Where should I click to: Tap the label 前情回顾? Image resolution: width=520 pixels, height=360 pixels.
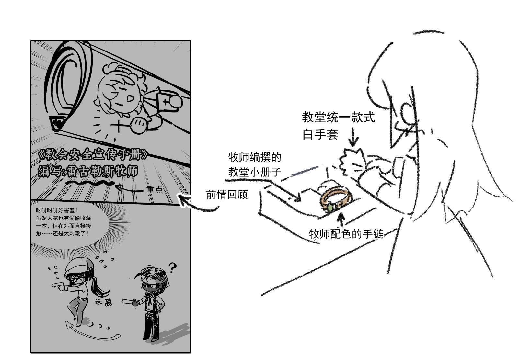point(226,195)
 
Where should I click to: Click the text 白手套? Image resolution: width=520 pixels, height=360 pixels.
point(320,134)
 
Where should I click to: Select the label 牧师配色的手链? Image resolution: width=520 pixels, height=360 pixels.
point(346,234)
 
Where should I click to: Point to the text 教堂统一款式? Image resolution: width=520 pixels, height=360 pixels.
point(338,117)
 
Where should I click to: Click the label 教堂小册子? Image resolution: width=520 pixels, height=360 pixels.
point(255,172)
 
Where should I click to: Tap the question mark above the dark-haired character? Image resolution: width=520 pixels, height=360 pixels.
point(172,267)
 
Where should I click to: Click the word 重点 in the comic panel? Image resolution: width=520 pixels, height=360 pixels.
point(154,189)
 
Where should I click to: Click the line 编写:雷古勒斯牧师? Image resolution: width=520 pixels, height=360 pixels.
point(88,171)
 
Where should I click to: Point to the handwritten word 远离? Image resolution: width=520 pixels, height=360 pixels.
point(104,302)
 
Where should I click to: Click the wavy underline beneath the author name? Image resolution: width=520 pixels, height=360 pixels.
point(90,183)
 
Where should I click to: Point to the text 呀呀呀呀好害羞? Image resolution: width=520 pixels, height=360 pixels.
point(57,210)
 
